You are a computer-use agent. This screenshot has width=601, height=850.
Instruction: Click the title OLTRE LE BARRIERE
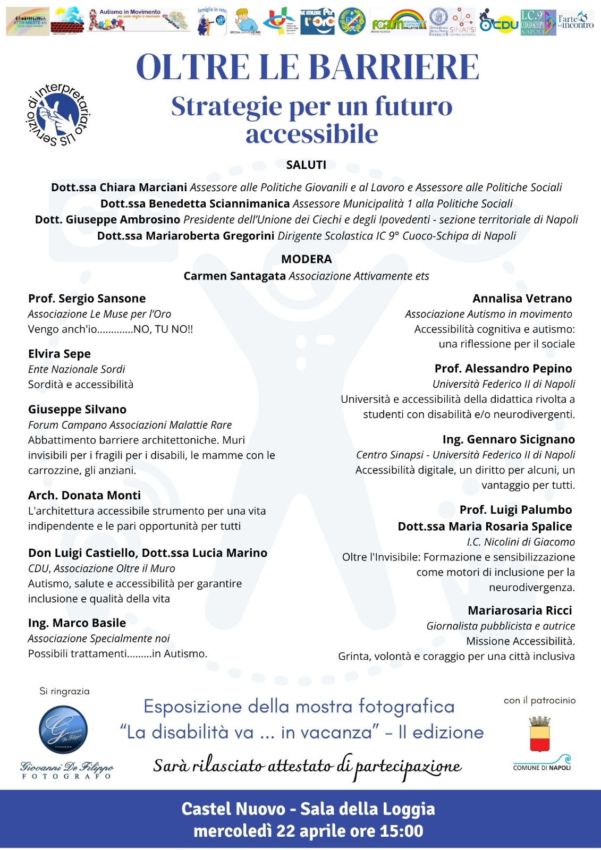click(x=308, y=67)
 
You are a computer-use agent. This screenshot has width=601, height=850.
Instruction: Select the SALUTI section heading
click(x=306, y=165)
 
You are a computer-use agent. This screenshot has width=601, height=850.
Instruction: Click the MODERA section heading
click(x=306, y=259)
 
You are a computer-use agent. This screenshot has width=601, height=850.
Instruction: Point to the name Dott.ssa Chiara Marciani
click(x=119, y=188)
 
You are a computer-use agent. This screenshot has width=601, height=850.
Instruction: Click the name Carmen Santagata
click(x=234, y=276)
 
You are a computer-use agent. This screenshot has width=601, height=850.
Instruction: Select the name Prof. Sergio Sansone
click(x=87, y=299)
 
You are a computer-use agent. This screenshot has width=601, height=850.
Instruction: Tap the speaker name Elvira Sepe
click(x=60, y=354)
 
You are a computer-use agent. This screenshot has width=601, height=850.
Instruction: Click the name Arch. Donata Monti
click(x=84, y=496)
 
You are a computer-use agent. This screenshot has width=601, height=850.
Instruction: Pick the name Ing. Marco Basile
click(x=77, y=623)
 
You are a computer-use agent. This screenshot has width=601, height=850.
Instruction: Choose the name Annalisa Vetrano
click(x=522, y=299)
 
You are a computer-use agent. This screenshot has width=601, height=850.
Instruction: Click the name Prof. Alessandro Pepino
click(x=503, y=369)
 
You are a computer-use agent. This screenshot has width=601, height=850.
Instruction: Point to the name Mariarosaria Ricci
click(x=520, y=610)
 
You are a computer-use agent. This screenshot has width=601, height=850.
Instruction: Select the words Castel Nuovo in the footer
click(x=233, y=809)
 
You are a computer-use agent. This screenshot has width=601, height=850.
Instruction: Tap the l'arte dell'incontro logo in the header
click(x=575, y=21)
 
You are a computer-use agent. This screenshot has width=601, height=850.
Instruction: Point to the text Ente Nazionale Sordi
click(x=77, y=369)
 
